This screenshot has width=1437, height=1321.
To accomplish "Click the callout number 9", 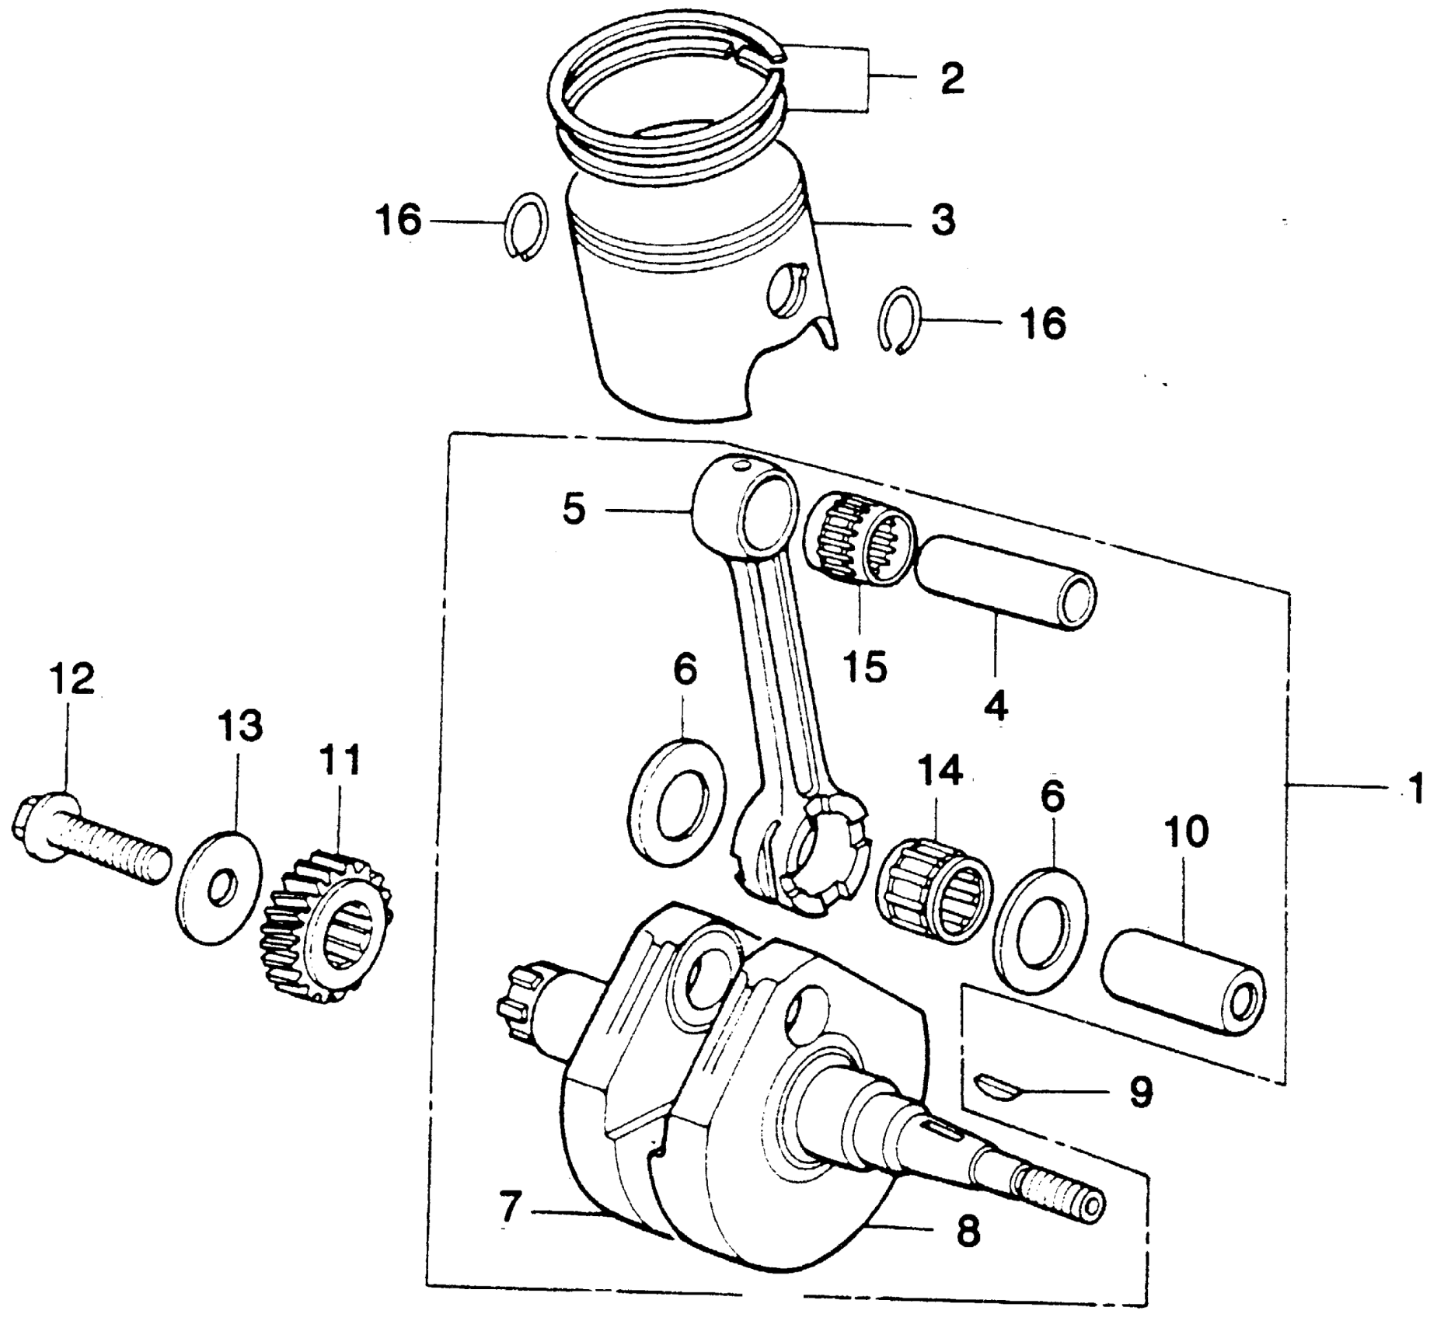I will point(1140,1091).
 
